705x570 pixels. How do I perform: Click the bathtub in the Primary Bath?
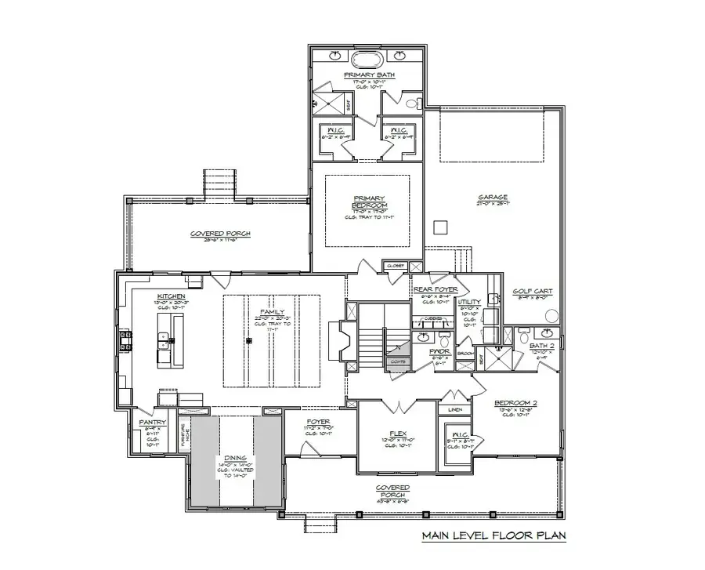pyautogui.click(x=367, y=60)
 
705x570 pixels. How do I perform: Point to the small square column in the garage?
pyautogui.click(x=439, y=227)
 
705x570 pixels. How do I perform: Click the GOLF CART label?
pyautogui.click(x=533, y=291)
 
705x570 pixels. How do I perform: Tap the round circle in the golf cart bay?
pyautogui.click(x=553, y=316)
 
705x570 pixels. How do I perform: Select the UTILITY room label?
pyautogui.click(x=469, y=302)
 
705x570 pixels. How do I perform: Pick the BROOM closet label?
pyautogui.click(x=465, y=354)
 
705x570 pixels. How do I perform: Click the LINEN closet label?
pyautogui.click(x=455, y=409)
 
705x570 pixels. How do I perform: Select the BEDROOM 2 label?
pyautogui.click(x=513, y=405)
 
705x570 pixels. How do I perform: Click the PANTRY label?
pyautogui.click(x=152, y=422)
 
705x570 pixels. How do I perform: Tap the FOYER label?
pyautogui.click(x=318, y=421)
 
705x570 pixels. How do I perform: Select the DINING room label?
pyautogui.click(x=234, y=458)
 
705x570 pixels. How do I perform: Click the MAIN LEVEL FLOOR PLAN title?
pyautogui.click(x=493, y=536)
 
